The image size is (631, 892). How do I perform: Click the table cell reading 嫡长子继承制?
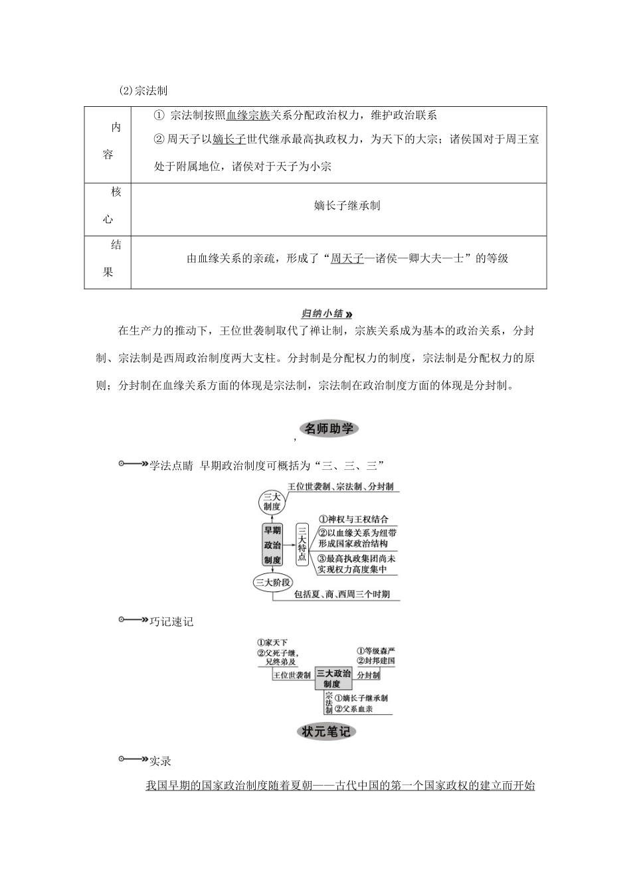tap(347, 206)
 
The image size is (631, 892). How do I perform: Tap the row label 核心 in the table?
tap(108, 206)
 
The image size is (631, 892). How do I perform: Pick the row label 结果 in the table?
tap(108, 258)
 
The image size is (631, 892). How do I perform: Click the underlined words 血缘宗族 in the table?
tap(248, 115)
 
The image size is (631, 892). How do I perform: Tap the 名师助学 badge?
tap(329, 429)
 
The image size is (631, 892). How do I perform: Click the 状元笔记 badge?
tap(326, 732)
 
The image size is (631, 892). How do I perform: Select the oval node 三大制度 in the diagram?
tap(272, 501)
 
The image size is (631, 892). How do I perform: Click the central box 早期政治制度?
tap(272, 545)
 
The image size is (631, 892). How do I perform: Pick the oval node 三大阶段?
tap(273, 583)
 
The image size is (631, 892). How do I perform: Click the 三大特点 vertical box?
tap(302, 544)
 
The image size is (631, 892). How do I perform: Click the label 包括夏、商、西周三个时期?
tap(342, 595)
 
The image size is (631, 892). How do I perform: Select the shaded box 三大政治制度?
tap(333, 678)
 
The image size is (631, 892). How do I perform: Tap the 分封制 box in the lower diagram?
tap(368, 675)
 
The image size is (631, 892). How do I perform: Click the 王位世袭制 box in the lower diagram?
tap(292, 675)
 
